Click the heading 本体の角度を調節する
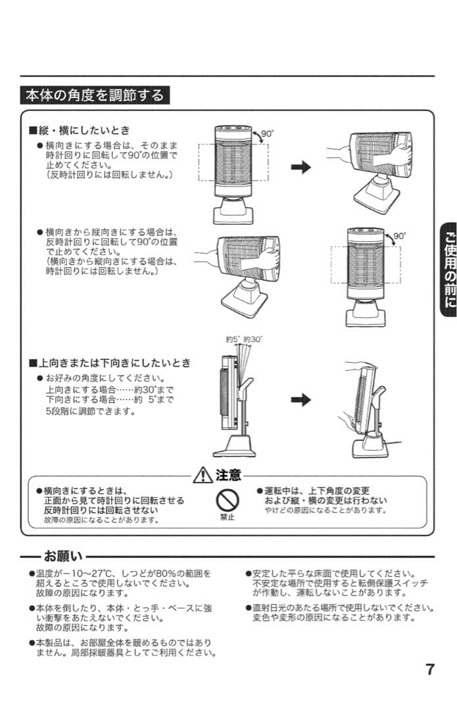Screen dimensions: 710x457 (x=95, y=95)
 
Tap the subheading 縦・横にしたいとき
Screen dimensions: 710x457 (x=84, y=130)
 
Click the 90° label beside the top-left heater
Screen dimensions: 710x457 (x=267, y=133)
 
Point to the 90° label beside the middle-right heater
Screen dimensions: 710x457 (x=399, y=235)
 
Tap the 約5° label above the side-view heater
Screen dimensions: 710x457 (x=233, y=339)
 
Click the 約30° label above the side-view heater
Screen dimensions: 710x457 (x=253, y=339)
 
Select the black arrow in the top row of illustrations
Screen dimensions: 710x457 (x=301, y=168)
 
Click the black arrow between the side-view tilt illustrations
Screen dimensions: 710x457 (x=301, y=400)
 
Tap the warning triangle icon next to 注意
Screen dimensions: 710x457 (x=202, y=475)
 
